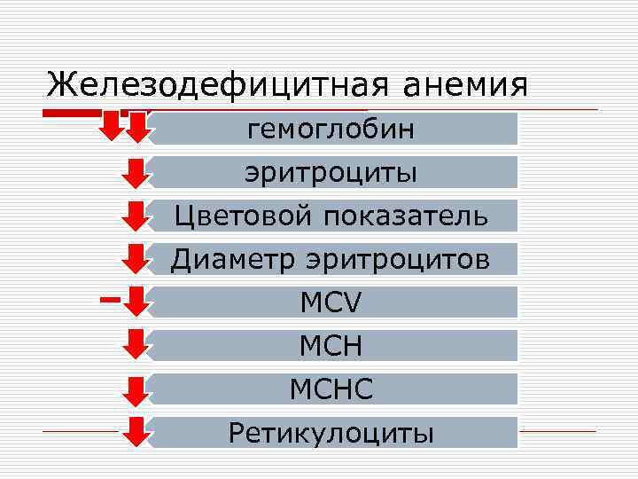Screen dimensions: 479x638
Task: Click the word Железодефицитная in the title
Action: coord(217,85)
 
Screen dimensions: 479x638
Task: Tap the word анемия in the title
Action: coord(464,85)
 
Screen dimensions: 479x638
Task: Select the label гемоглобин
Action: coord(331,130)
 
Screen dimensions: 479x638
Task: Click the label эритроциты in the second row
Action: coord(331,172)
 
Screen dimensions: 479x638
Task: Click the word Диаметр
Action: coord(234,259)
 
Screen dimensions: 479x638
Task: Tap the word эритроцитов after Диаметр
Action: coord(398,259)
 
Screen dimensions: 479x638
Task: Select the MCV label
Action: coord(331,302)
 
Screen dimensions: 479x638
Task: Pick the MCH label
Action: coord(331,346)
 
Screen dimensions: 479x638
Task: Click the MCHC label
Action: coord(331,389)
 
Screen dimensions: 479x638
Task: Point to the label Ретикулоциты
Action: coord(331,433)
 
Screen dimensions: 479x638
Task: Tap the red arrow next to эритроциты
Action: coord(136,171)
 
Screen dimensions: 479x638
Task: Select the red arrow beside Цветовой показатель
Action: coord(136,215)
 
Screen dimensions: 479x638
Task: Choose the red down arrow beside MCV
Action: coord(136,301)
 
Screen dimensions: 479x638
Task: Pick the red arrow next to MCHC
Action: coord(136,389)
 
